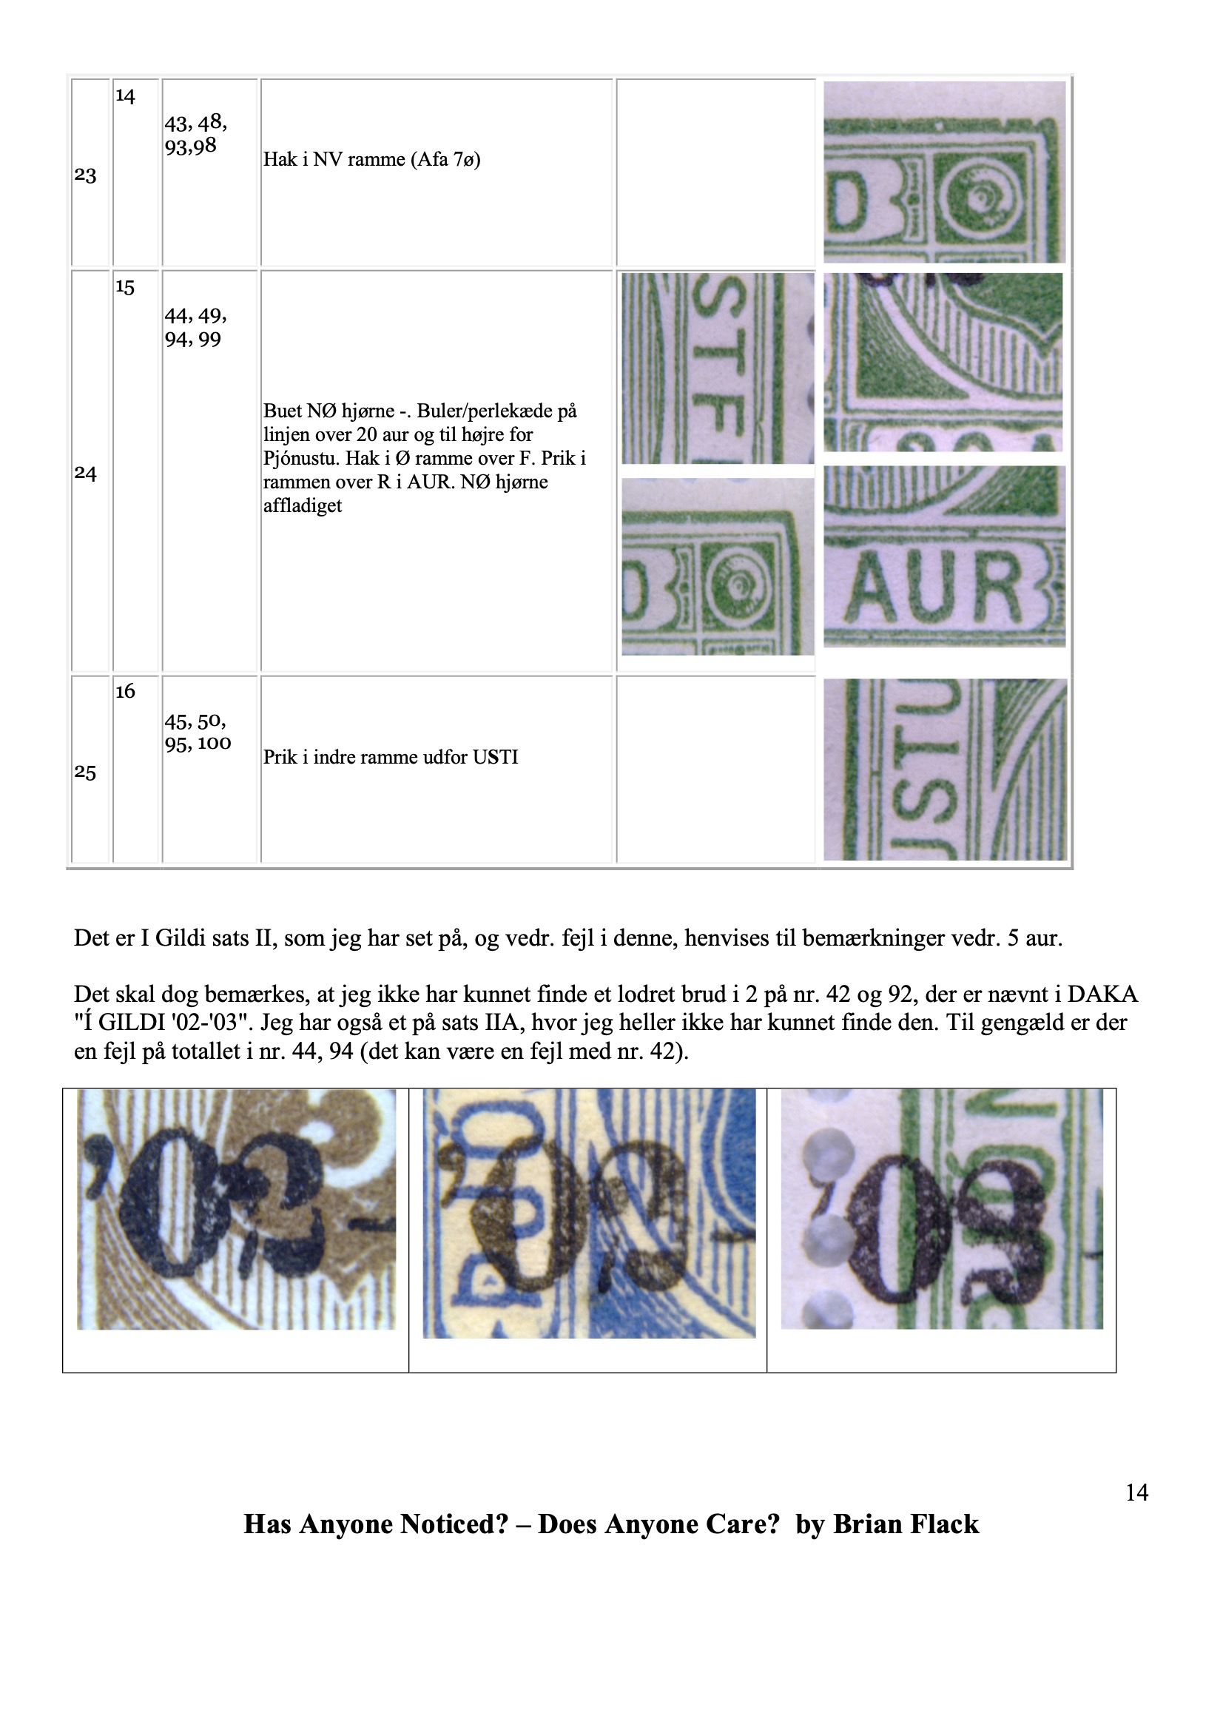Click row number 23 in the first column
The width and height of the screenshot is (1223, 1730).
[85, 175]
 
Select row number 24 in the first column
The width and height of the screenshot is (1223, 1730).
[85, 473]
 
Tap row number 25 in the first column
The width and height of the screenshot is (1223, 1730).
[85, 773]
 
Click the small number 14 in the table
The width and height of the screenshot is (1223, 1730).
[125, 95]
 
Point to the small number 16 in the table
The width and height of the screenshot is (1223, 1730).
[125, 691]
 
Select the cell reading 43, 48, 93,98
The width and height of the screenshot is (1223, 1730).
[196, 134]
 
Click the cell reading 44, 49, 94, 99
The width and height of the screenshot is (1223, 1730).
[196, 327]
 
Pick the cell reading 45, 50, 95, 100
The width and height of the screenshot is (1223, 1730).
[198, 732]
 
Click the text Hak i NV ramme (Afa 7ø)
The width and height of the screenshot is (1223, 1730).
[372, 159]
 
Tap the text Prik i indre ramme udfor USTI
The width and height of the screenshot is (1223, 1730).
[391, 756]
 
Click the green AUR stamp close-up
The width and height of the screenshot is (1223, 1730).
[944, 556]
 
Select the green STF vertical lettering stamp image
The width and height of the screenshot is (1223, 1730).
[718, 368]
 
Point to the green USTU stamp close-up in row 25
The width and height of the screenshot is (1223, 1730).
[945, 770]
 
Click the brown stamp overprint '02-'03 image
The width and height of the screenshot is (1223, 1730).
[236, 1209]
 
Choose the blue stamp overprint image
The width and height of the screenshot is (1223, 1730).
[589, 1214]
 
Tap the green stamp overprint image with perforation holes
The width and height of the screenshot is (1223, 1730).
[942, 1208]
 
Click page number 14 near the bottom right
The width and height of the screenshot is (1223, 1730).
[1136, 1492]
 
